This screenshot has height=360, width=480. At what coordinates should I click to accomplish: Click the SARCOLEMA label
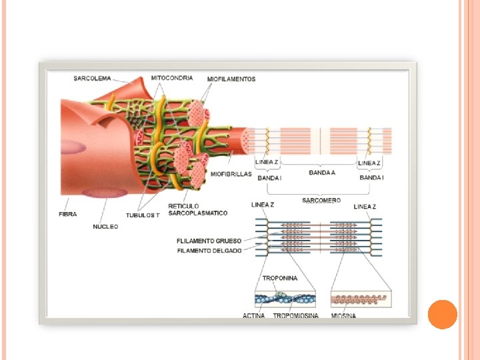92,79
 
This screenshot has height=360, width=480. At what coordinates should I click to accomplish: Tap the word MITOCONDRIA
172,78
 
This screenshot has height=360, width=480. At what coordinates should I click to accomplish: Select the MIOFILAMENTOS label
231,79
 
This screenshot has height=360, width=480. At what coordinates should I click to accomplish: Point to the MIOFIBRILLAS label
231,174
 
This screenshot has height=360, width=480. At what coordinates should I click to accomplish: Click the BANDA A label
322,173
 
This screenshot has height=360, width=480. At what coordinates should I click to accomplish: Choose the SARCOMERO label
321,200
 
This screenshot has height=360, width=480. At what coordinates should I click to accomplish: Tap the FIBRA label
67,215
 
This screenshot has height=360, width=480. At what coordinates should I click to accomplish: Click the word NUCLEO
105,227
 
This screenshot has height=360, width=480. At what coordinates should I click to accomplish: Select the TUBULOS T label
143,215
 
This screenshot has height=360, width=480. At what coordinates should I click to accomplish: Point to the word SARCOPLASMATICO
197,213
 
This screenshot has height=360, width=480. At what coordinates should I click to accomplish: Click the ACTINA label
253,315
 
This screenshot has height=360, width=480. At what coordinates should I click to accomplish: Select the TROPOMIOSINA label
295,315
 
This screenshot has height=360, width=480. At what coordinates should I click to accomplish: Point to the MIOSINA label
343,315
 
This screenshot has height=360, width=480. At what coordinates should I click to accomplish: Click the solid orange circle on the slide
442,314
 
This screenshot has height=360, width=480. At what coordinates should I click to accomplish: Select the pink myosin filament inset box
361,298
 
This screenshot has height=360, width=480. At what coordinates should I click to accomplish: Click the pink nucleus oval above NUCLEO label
105,193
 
